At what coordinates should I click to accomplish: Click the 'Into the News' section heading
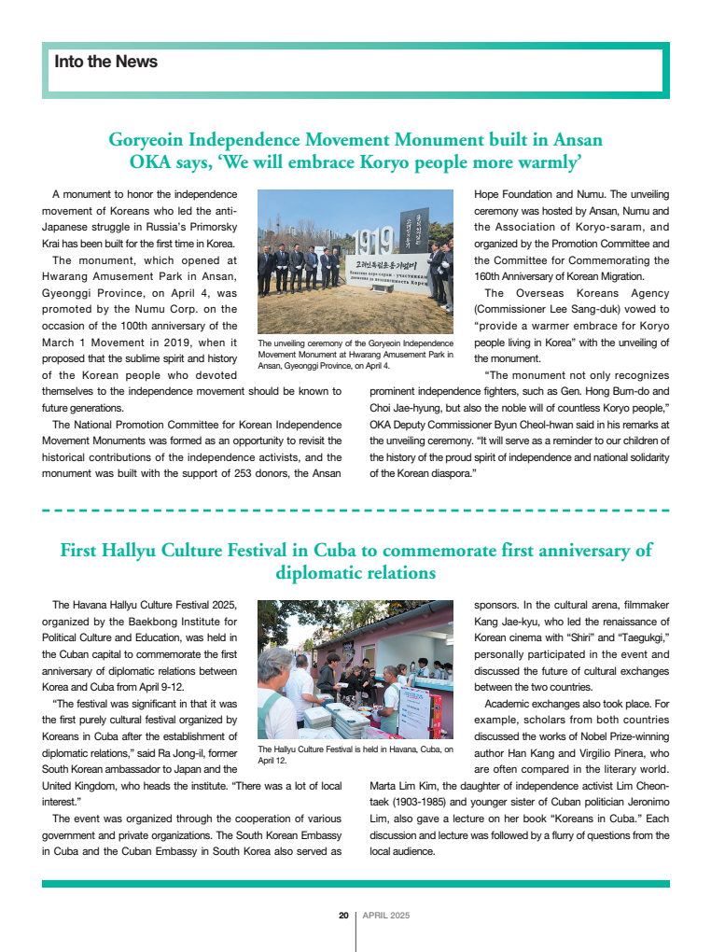point(105,62)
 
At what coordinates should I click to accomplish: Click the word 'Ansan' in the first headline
point(579,140)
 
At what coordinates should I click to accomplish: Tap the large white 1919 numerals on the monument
point(371,243)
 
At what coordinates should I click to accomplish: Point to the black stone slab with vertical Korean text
point(421,229)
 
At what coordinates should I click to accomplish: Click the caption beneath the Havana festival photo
point(355,754)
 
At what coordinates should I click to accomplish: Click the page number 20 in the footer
point(343,916)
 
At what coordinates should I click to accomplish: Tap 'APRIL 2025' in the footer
point(386,916)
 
